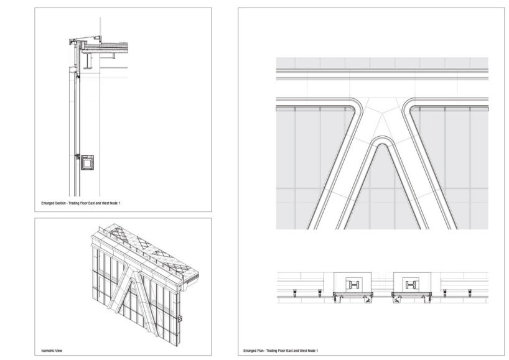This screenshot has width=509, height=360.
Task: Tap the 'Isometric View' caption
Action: click(x=51, y=351)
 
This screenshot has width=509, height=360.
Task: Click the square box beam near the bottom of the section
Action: click(x=88, y=163)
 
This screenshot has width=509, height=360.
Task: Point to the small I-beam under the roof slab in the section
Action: click(x=89, y=62)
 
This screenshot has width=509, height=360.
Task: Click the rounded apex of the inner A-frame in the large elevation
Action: click(x=382, y=144)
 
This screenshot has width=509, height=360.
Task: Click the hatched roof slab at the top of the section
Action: click(x=106, y=45)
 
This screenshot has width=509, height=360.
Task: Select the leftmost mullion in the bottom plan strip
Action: click(x=292, y=293)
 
